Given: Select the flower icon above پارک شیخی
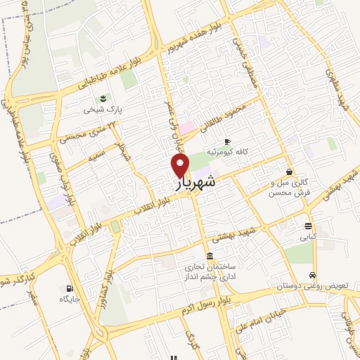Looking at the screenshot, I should coord(104,97).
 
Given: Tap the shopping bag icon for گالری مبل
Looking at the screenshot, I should coord(289,171).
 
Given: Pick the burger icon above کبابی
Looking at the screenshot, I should coord(309,226).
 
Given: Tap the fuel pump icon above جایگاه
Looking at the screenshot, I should coord(69,288).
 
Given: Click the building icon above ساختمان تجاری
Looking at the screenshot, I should coord(210,255).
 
